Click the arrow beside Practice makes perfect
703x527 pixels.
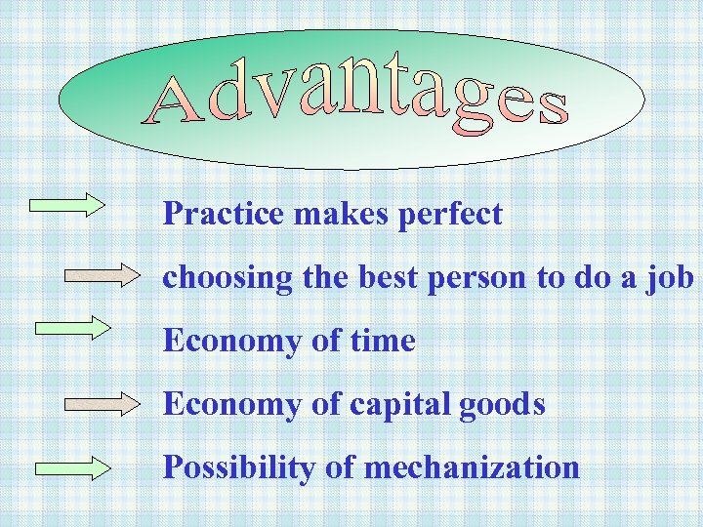coord(67,204)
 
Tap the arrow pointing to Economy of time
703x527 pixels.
coord(73,326)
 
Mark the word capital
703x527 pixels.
coord(396,405)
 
